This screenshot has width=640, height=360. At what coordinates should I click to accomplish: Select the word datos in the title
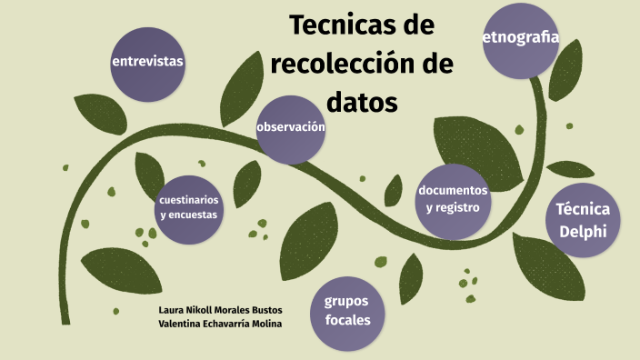tap(362, 103)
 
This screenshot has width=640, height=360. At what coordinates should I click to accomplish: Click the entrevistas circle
tap(147, 63)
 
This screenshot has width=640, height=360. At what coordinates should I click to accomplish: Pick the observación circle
tap(291, 128)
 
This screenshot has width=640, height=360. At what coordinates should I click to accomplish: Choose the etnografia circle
tap(520, 39)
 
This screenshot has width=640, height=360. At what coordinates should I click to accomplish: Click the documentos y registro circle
tap(453, 201)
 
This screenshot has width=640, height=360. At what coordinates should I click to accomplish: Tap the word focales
tap(347, 319)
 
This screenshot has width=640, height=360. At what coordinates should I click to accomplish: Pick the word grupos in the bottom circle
tap(347, 301)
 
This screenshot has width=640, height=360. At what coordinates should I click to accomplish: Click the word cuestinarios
tap(188, 199)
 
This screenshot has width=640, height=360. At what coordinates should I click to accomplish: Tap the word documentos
tap(453, 190)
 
